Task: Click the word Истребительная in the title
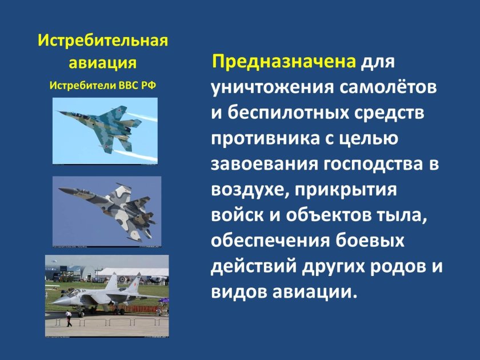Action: (x=103, y=41)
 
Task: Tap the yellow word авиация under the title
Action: (x=103, y=62)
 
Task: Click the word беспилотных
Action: (x=286, y=113)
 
